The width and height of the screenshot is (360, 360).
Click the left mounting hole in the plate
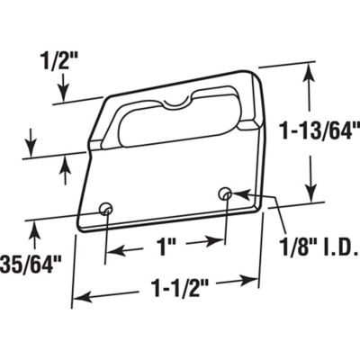coord(107,209)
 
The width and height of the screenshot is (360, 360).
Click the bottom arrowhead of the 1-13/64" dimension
coord(310,200)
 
